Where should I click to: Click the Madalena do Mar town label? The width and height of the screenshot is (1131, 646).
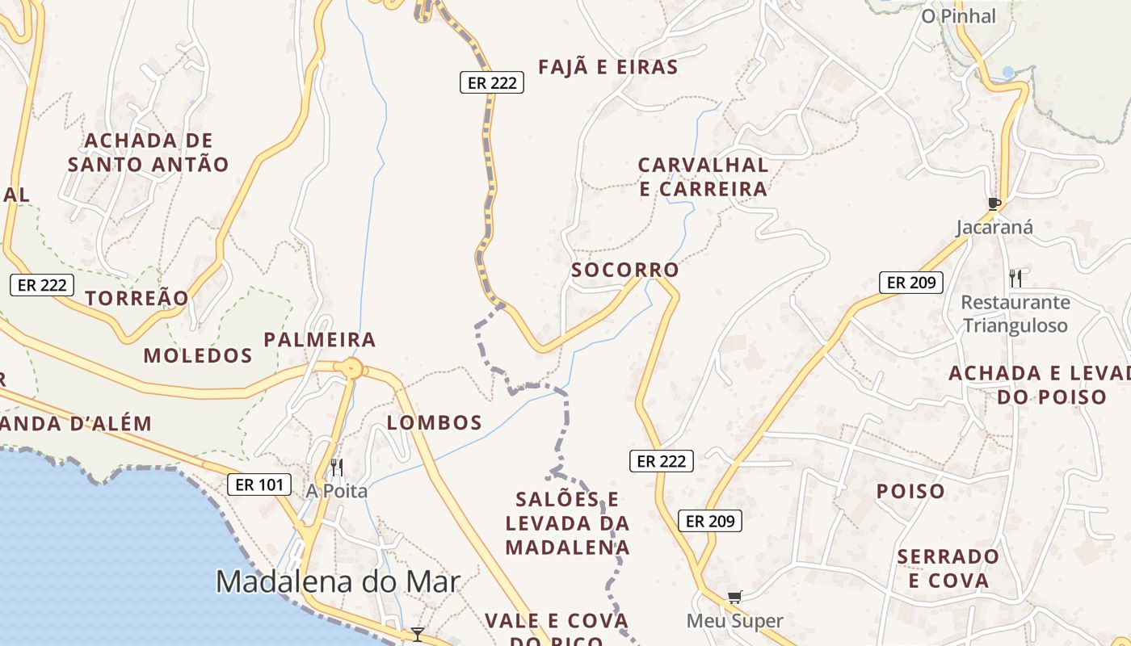[x=338, y=582]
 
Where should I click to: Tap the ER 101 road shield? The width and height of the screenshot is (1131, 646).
[x=259, y=484]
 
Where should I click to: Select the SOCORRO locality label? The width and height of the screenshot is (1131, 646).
[x=625, y=270]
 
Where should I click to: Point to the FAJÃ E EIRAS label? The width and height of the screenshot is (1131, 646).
[x=608, y=67]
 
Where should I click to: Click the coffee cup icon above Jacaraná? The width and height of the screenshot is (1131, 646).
[x=994, y=203]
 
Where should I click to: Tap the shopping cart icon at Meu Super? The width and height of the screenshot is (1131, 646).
[x=734, y=598]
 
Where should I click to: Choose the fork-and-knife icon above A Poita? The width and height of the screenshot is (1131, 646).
[x=336, y=467]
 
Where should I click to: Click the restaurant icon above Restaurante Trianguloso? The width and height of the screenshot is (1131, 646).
[x=1015, y=279]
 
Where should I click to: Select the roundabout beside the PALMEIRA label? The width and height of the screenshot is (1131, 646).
[x=352, y=369]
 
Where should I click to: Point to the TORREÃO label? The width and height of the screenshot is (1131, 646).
[x=137, y=298]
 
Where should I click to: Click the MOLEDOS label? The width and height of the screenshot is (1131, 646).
[x=198, y=355]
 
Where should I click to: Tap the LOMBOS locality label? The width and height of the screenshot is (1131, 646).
[x=435, y=422]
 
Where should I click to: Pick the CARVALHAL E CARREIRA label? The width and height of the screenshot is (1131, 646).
[x=703, y=177]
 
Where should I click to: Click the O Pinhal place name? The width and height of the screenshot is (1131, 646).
[x=959, y=15]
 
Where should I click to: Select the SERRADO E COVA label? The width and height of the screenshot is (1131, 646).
[x=948, y=568]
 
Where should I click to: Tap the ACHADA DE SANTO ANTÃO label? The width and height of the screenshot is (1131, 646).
[x=148, y=153]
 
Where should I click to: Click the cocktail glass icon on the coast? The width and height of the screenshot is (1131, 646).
[x=417, y=634]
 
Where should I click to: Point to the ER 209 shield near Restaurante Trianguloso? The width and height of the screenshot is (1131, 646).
[x=910, y=283]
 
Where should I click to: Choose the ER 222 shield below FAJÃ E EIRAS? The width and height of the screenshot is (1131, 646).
[x=492, y=82]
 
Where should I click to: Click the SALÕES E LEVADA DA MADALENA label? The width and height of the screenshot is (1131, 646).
[x=567, y=523]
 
